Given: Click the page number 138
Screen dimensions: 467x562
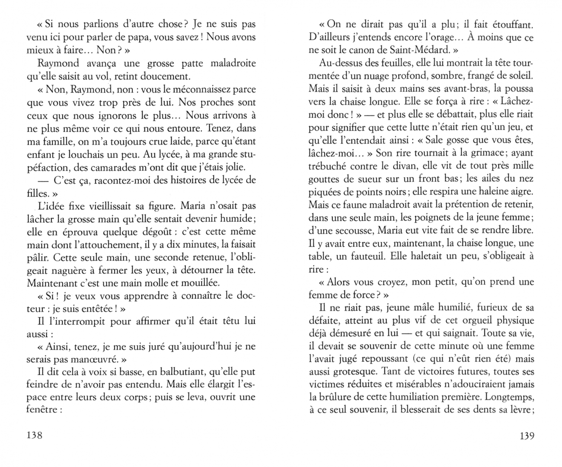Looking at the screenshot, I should tap(35, 435).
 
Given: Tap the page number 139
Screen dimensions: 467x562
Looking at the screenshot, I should tap(526, 435).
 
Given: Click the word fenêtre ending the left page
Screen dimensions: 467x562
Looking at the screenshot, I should tap(42, 409).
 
